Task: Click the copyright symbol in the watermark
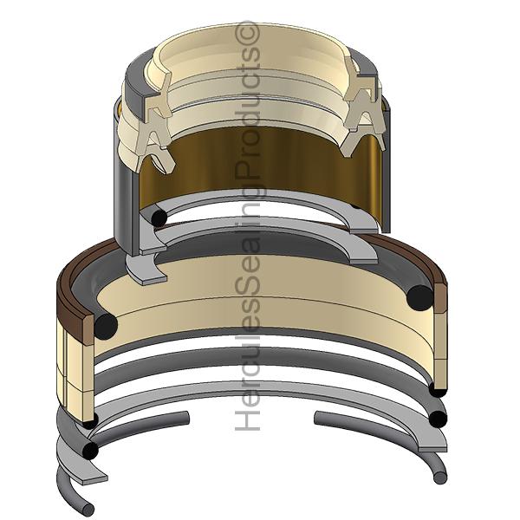247,34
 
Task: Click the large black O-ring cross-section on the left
106,327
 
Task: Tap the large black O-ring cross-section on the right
420,298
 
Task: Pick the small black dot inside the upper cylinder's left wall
159,218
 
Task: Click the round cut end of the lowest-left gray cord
88,509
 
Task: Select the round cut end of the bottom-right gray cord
440,477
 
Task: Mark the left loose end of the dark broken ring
186,418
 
